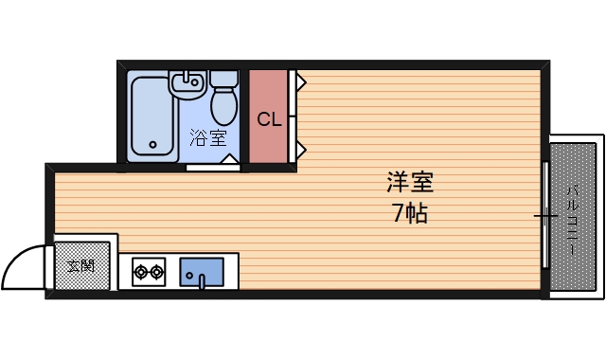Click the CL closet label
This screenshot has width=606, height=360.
tap(269, 120)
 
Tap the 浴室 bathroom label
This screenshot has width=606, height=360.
tap(208, 137)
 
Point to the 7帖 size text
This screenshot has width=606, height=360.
tap(410, 214)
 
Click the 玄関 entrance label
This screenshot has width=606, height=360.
tap(80, 265)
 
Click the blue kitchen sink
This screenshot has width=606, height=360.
tap(201, 273)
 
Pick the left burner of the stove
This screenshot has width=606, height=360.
tap(141, 273)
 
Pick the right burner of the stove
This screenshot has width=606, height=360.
tap(156, 273)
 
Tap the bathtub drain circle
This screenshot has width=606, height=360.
tap(153, 146)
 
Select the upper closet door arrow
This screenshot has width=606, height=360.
tap(299, 82)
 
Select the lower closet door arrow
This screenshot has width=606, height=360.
tap(299, 150)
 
